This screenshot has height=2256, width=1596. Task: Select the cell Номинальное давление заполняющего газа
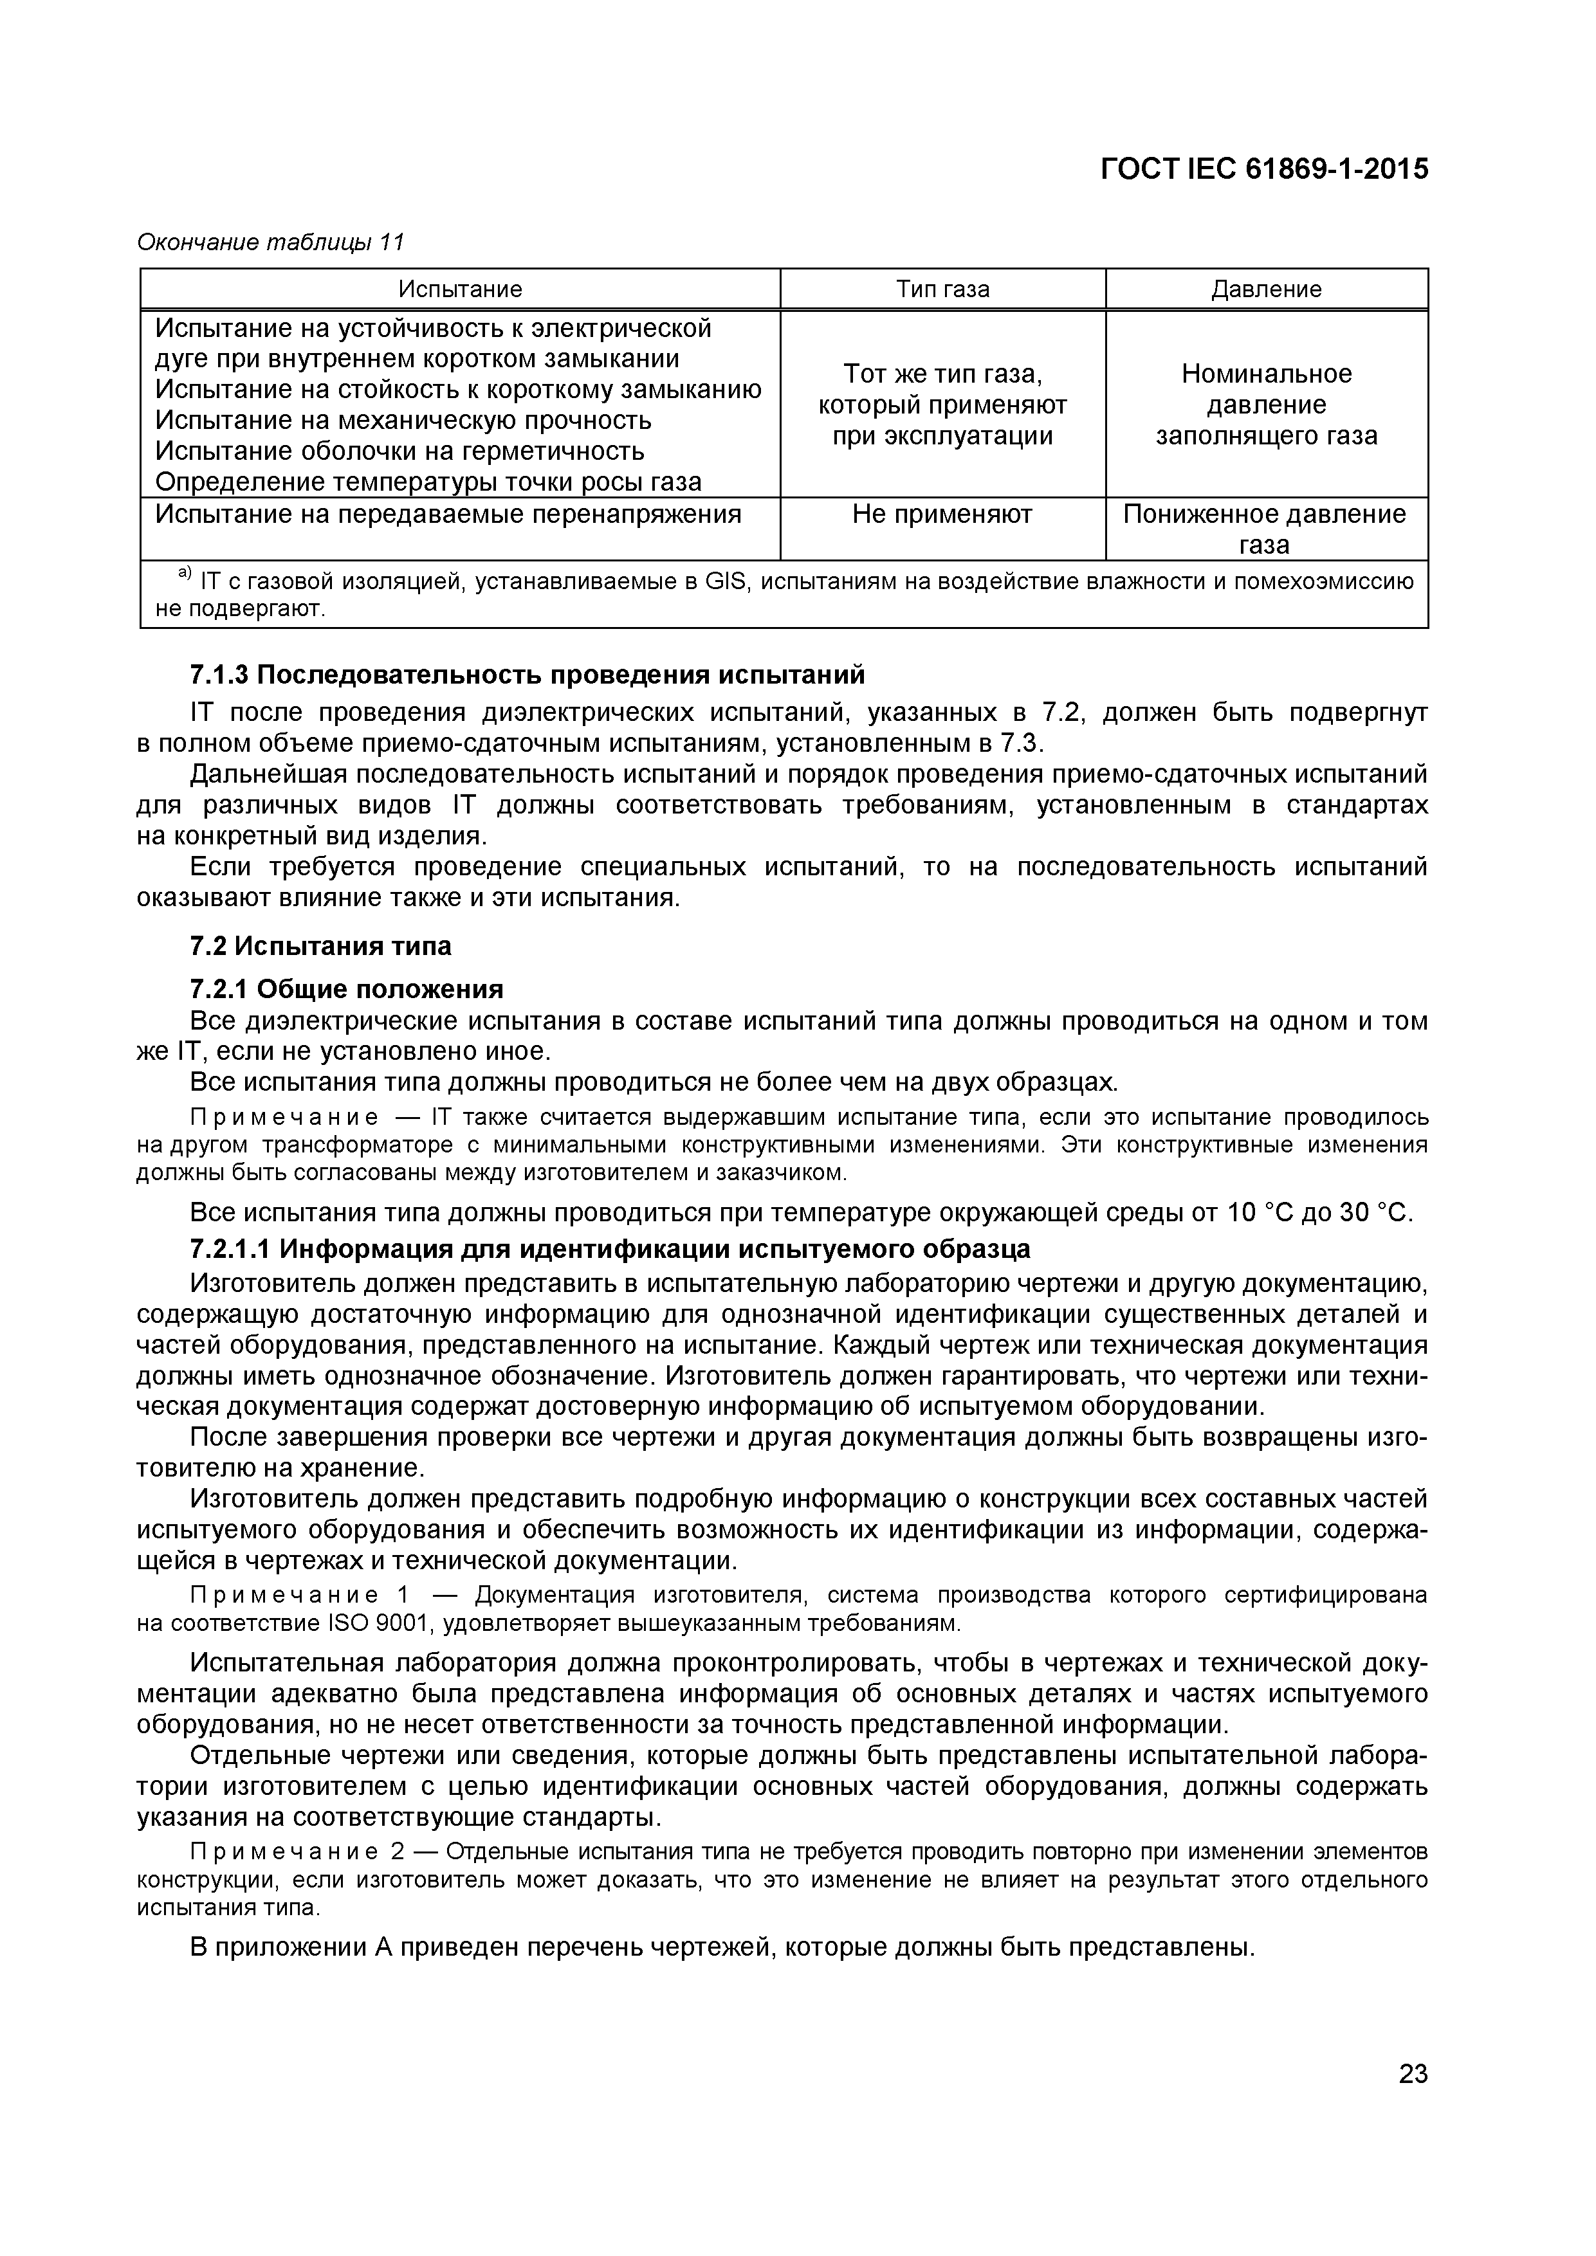pyautogui.click(x=1266, y=405)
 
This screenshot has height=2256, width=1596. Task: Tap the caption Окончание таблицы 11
pyautogui.click(x=270, y=242)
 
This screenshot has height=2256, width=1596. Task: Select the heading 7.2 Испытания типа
pyautogui.click(x=320, y=946)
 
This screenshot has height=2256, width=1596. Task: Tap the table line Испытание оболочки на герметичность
pyautogui.click(x=400, y=451)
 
